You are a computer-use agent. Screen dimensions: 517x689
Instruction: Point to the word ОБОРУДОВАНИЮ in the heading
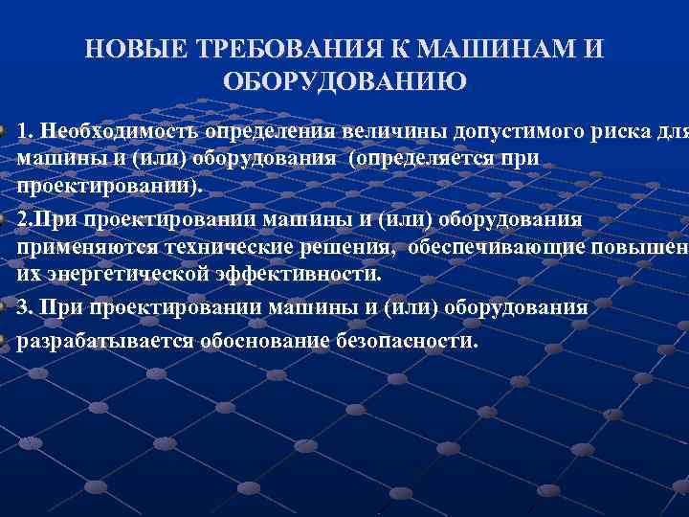344,81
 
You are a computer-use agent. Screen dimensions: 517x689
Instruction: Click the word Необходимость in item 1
116,131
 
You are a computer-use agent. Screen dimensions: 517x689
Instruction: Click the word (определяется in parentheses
421,157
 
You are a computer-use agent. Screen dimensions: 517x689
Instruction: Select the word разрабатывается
103,340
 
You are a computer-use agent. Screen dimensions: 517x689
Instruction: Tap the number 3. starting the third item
26,307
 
